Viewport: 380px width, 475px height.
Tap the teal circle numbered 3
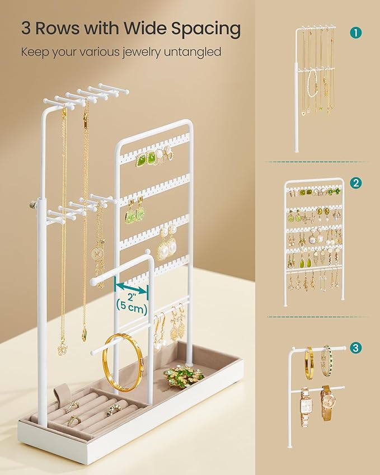click(x=355, y=348)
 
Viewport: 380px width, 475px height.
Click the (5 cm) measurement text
click(x=132, y=305)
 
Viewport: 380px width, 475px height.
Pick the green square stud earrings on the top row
click(x=146, y=158)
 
